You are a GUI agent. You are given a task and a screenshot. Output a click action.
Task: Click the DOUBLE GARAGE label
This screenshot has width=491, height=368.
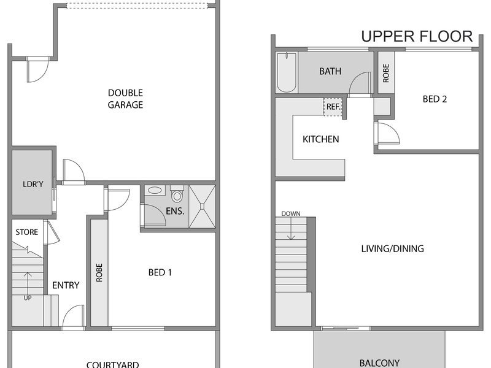(x=125, y=99)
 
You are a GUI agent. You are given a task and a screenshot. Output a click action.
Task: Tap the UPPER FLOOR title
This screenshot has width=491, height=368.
(x=417, y=36)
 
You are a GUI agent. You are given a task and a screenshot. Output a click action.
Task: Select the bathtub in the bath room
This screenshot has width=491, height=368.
(x=287, y=72)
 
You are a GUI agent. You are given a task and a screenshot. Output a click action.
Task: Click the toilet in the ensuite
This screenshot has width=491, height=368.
(x=177, y=194)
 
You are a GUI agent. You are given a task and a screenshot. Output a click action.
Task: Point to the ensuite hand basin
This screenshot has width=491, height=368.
(x=155, y=190)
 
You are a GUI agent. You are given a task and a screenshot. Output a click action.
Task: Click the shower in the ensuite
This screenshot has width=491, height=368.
(x=203, y=206)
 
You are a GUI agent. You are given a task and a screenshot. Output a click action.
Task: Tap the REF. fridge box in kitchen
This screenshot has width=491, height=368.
(x=333, y=107)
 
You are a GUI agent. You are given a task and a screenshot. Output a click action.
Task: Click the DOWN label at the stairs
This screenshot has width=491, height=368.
(x=290, y=213)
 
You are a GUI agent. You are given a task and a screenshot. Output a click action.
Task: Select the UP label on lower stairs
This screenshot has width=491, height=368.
(x=28, y=298)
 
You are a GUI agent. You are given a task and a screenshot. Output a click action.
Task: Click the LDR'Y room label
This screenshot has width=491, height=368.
(x=33, y=184)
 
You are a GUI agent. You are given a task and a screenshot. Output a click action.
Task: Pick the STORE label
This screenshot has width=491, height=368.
(x=27, y=232)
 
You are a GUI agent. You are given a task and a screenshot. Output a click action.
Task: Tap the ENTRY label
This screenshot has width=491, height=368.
(x=66, y=285)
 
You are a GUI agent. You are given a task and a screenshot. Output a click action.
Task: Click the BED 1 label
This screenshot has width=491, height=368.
(x=160, y=272)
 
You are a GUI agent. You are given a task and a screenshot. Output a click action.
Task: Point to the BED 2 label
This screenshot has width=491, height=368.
(x=435, y=99)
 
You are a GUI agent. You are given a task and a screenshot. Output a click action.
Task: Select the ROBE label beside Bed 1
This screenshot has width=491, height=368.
(x=99, y=272)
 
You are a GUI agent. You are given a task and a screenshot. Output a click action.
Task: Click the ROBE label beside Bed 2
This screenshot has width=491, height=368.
(x=386, y=73)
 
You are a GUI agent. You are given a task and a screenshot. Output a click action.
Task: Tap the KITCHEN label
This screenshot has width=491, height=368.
(x=320, y=139)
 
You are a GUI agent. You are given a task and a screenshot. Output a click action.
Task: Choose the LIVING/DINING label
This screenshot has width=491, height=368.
(x=392, y=248)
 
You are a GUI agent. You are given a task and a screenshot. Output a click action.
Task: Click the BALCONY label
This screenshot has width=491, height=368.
(x=379, y=363)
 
